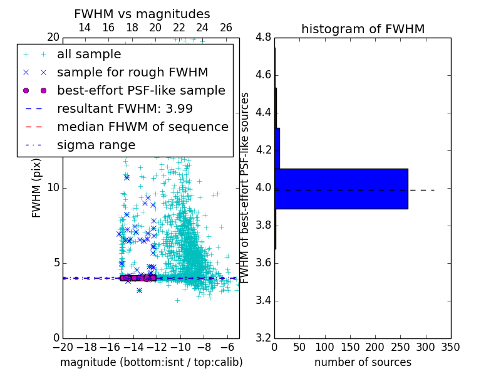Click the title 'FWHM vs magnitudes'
(x=142, y=14)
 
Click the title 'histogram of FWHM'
(x=363, y=29)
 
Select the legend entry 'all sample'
(x=89, y=55)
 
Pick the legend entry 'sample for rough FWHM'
(x=133, y=72)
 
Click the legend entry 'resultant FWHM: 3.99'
(x=125, y=108)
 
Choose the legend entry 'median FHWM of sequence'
(x=143, y=127)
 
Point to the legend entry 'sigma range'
(x=96, y=145)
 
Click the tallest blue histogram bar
(x=341, y=189)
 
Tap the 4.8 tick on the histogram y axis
(x=263, y=38)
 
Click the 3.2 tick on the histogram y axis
(x=263, y=338)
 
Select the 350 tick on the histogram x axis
(x=450, y=347)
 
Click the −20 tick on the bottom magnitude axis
(x=63, y=347)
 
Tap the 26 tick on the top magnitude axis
(x=226, y=28)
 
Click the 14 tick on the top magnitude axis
(x=85, y=28)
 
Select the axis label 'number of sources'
(x=363, y=362)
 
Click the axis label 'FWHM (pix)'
(x=37, y=187)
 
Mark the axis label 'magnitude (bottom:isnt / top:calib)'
(x=151, y=362)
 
